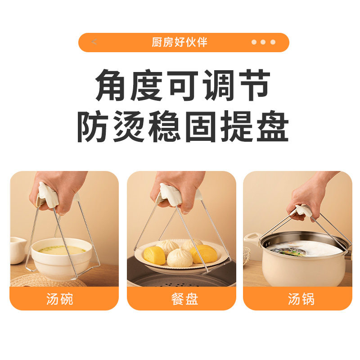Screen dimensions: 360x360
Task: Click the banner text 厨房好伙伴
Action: click(180, 42)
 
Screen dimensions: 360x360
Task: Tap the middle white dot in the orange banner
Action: click(263, 42)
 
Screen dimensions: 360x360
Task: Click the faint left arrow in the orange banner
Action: click(94, 42)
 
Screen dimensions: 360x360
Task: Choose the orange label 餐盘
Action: click(181, 299)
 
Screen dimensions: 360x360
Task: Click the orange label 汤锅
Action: click(297, 299)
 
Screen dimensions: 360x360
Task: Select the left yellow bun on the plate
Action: click(154, 255)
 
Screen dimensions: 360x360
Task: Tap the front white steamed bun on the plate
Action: click(180, 258)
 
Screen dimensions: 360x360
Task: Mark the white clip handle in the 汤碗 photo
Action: click(48, 194)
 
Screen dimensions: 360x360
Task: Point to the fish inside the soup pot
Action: click(288, 251)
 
